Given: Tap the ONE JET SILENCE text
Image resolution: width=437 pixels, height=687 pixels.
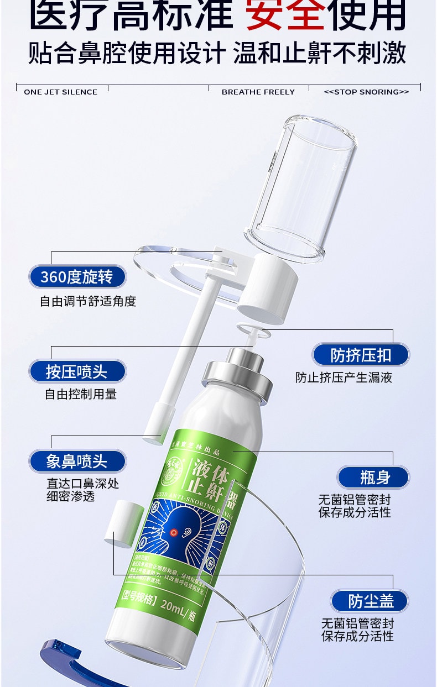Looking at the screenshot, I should [x=61, y=92].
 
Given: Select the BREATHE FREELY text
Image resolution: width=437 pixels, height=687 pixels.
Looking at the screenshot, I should [x=258, y=92].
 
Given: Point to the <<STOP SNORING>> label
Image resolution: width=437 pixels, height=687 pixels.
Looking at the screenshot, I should [x=366, y=92].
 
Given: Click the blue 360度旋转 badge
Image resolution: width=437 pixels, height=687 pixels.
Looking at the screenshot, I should [x=77, y=277].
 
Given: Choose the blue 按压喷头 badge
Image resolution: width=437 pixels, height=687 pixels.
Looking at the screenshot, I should [x=77, y=371].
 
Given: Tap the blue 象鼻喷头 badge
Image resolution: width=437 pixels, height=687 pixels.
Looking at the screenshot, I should [x=77, y=461].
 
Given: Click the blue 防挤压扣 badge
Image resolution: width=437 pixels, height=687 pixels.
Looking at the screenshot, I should [x=361, y=355].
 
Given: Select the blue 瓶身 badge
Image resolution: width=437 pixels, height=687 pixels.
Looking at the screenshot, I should [x=374, y=477].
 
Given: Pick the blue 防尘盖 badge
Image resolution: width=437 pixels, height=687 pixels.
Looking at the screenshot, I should [x=370, y=601].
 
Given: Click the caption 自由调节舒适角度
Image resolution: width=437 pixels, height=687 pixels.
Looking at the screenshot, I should [x=88, y=301].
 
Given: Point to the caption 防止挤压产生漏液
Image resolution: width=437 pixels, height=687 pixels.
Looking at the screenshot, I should [x=344, y=378].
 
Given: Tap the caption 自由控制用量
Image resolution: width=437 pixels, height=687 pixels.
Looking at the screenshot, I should [x=81, y=395].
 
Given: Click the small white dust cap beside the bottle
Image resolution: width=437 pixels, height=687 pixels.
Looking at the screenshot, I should [x=123, y=522].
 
